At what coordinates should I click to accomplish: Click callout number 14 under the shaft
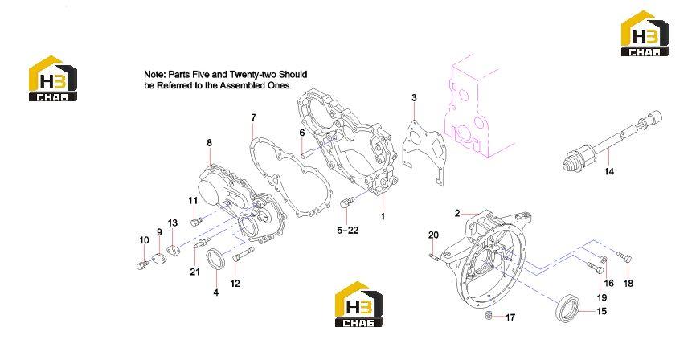pyautogui.click(x=609, y=171)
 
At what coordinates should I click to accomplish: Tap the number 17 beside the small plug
pyautogui.click(x=510, y=318)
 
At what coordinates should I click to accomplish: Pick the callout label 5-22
pyautogui.click(x=347, y=231)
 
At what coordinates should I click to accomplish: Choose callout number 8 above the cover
pyautogui.click(x=209, y=143)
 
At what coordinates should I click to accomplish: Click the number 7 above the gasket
pyautogui.click(x=253, y=117)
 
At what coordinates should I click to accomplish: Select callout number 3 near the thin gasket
pyautogui.click(x=414, y=98)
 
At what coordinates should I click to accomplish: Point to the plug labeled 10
pyautogui.click(x=141, y=265)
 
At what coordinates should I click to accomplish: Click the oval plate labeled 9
pyautogui.click(x=157, y=257)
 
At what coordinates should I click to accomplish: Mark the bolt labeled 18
pyautogui.click(x=624, y=256)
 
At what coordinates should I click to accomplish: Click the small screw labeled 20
pyautogui.click(x=434, y=256)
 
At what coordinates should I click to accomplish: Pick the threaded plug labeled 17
pyautogui.click(x=488, y=316)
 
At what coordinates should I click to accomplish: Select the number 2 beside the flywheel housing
pyautogui.click(x=457, y=213)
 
